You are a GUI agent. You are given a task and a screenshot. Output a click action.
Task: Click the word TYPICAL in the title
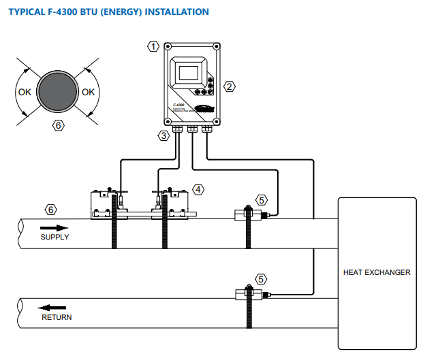coord(28,12)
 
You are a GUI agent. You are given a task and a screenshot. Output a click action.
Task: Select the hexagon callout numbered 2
coord(230,86)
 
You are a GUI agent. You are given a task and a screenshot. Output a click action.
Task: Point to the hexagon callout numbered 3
coord(163,135)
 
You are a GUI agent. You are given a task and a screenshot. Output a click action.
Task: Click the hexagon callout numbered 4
coord(198,189)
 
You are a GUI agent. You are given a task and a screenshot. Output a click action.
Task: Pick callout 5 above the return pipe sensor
coord(262,279)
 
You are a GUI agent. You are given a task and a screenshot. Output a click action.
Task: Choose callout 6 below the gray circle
coord(59,125)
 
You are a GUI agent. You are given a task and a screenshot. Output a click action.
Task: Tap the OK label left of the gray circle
coord(24,92)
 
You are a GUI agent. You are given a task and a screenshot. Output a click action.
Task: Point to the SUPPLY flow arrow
coord(54,227)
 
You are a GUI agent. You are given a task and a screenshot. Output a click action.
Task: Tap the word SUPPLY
coord(54,237)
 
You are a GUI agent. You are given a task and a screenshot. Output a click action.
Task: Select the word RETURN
coord(57,317)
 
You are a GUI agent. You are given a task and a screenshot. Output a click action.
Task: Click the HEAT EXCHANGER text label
coord(377,272)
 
